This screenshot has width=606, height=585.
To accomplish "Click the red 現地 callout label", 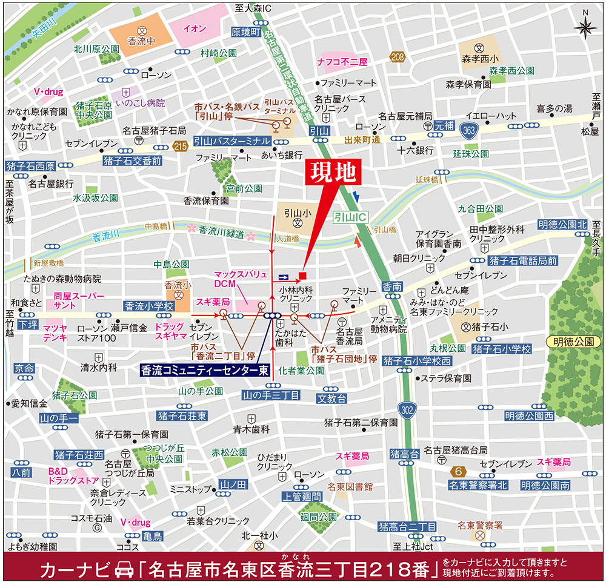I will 331,174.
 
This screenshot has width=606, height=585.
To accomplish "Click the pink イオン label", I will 193,27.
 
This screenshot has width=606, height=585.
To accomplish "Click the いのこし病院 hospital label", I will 143,104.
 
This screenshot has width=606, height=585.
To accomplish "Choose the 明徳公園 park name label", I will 573,342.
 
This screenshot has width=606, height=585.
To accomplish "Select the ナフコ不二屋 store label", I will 342,62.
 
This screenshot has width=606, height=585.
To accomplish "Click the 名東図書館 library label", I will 350,486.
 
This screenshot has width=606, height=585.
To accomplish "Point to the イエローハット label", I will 490,116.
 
